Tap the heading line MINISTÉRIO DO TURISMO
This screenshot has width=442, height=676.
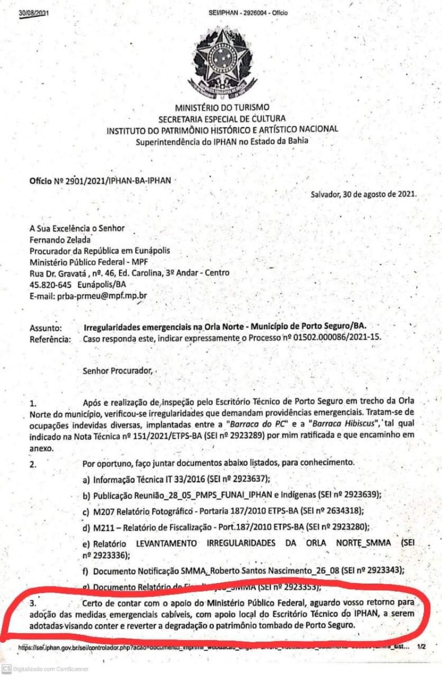tap(222, 107)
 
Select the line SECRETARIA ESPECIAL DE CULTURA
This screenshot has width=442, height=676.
tap(222, 118)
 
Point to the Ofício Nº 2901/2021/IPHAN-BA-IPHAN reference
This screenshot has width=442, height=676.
tap(100, 181)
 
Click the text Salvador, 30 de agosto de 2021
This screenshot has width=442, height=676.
tap(364, 195)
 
